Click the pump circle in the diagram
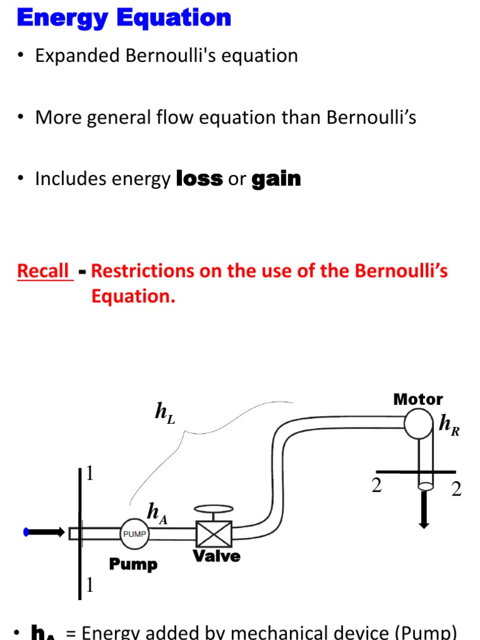134,534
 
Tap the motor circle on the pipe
419,424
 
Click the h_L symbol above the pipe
165,412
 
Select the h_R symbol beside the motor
449,425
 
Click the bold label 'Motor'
418,399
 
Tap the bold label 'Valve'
216,556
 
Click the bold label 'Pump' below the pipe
133,564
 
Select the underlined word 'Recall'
43,271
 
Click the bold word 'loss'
199,179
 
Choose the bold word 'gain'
276,179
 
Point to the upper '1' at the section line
90,474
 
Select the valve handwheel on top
214,509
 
